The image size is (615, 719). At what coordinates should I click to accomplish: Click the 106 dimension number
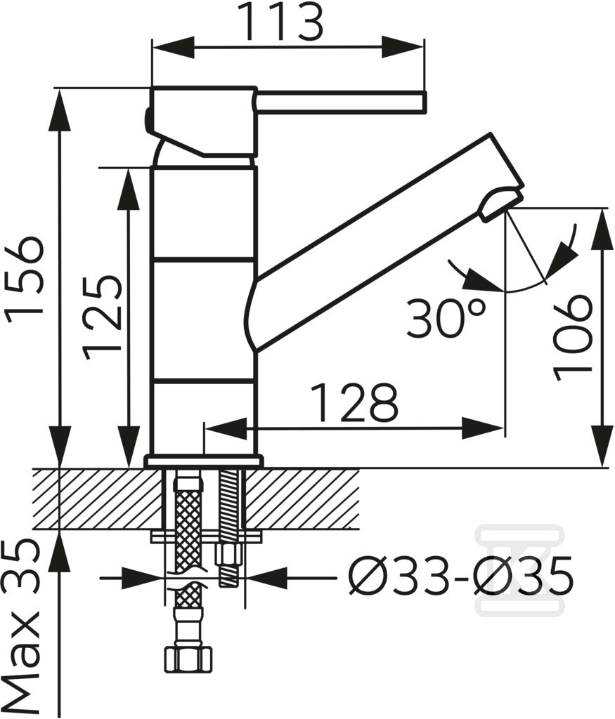(571, 338)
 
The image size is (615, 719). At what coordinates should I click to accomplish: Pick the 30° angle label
(446, 318)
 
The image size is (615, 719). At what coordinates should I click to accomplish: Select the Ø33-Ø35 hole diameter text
(460, 575)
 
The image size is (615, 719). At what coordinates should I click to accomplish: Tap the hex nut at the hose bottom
(188, 659)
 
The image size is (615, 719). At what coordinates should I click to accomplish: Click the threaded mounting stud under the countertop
(228, 527)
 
